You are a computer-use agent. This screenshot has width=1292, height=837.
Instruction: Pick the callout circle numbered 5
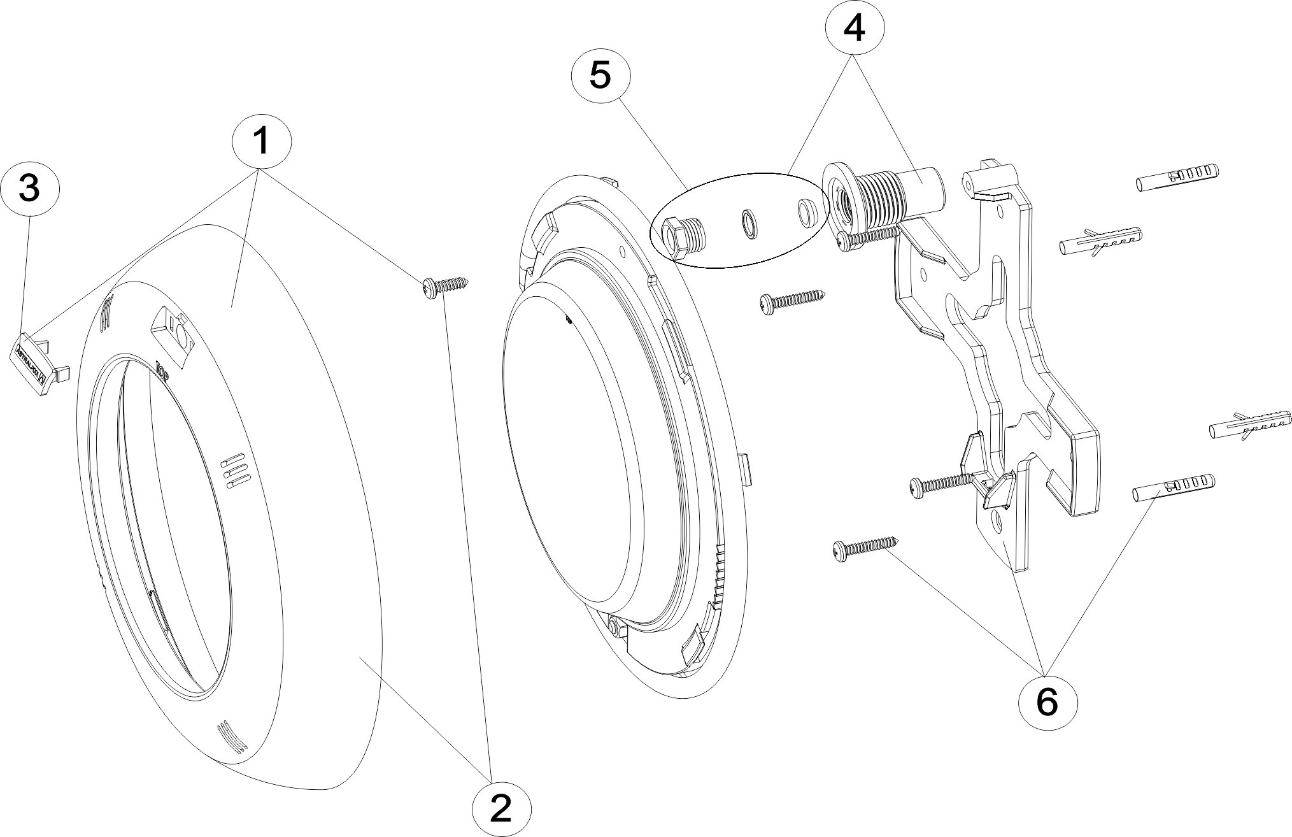click(x=600, y=75)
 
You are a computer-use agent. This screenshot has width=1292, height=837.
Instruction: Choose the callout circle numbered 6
click(x=1047, y=701)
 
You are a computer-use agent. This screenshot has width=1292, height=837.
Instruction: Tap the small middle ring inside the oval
click(x=748, y=224)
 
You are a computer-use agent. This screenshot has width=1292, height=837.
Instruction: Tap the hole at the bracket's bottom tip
click(x=998, y=523)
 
